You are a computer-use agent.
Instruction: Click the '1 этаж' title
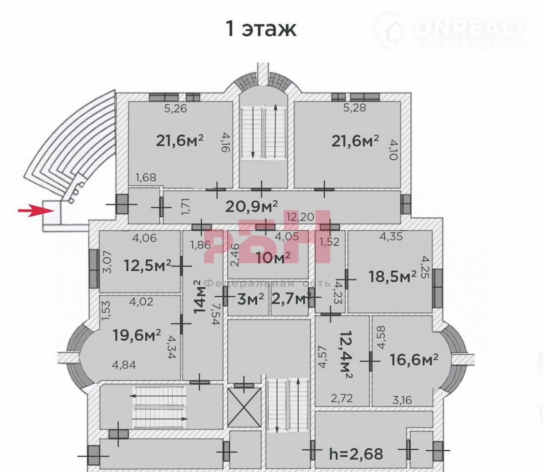(x=261, y=29)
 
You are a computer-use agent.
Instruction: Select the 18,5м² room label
(x=392, y=276)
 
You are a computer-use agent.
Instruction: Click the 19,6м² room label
(x=137, y=336)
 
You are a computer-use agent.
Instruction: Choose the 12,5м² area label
(x=148, y=266)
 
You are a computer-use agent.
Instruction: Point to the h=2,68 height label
(x=356, y=454)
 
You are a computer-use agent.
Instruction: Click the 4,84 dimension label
(x=124, y=365)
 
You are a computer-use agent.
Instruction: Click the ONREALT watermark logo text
(x=470, y=27)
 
